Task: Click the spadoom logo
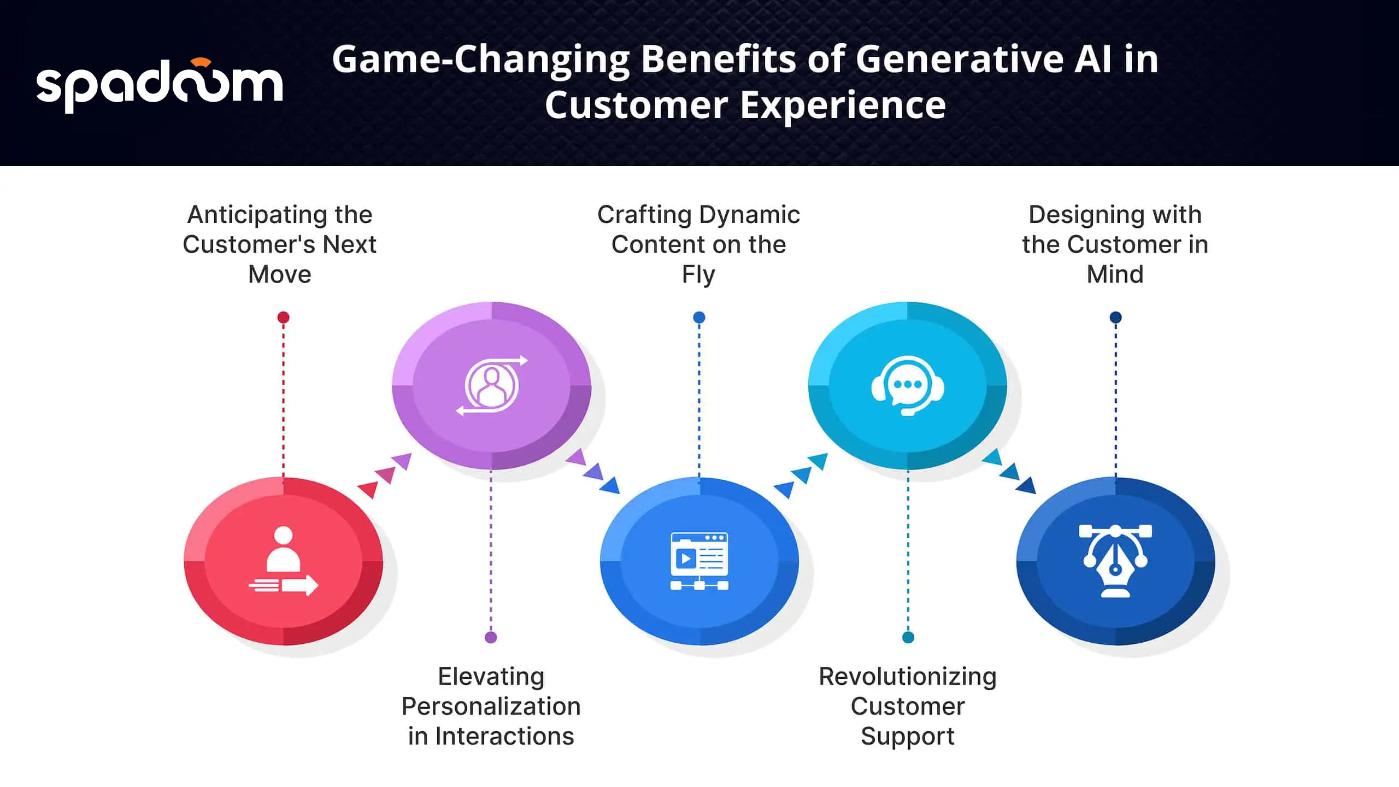(160, 85)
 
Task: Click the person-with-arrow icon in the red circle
(283, 561)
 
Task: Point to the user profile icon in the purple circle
(492, 385)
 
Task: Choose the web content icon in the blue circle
(699, 561)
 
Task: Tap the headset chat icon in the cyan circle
(908, 386)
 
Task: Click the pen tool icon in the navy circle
(1115, 561)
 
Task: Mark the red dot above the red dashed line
(283, 318)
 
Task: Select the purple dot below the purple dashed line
(491, 637)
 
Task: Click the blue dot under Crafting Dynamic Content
(699, 318)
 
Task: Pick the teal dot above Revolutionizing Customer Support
(908, 637)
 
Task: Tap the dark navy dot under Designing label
(1116, 318)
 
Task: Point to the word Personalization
(491, 707)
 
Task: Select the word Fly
(698, 275)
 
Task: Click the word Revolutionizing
(908, 677)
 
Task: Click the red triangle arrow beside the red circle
(368, 490)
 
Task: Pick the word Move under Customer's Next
(280, 274)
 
